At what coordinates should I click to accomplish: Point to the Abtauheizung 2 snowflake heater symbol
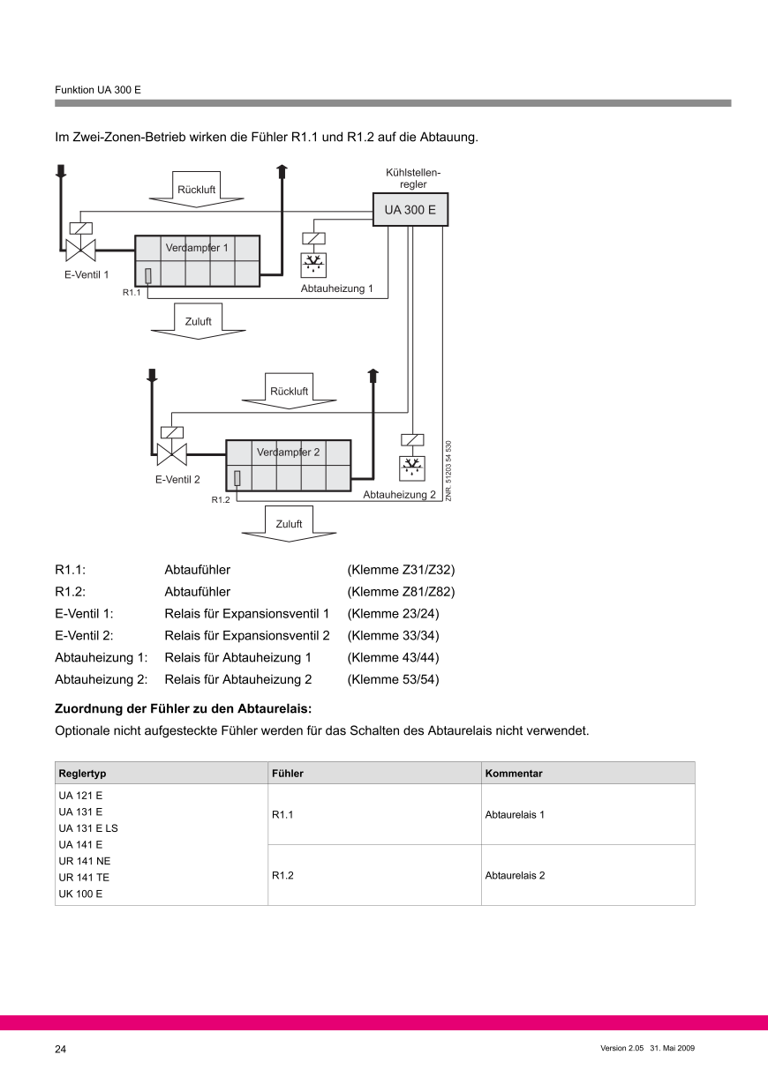[x=411, y=467]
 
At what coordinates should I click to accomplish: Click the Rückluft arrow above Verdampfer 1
[x=196, y=190]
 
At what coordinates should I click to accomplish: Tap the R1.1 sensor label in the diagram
[x=132, y=292]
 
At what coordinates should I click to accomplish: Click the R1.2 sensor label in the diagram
[x=220, y=500]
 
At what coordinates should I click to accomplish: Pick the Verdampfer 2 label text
[x=289, y=453]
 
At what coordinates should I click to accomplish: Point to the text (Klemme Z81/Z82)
[x=402, y=591]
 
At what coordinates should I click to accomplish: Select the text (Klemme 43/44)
[x=394, y=657]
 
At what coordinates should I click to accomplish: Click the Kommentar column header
[x=514, y=773]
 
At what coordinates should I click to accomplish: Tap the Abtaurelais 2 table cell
[x=516, y=876]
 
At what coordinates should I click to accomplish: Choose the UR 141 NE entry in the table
[x=84, y=860]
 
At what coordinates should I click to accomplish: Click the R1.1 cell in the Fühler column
[x=282, y=815]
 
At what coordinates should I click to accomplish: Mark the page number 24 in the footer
[x=60, y=1049]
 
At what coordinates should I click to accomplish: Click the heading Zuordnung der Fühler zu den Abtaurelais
[x=184, y=707]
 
